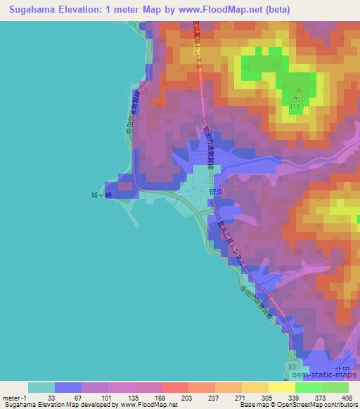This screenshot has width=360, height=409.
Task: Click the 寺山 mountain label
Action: click(x=297, y=100)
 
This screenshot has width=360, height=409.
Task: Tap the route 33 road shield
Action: click(x=292, y=367)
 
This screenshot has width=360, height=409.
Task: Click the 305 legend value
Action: click(x=269, y=397)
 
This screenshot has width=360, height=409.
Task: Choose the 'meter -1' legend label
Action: click(x=15, y=397)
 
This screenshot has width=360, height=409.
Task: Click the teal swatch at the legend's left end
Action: click(x=41, y=387)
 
